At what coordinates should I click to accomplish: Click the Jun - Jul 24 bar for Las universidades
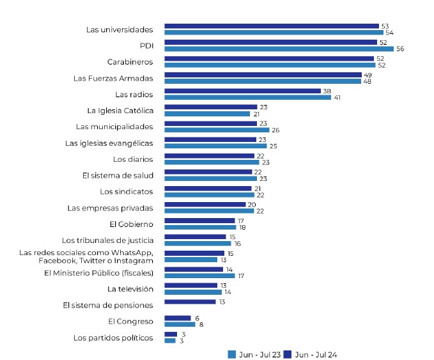tap(272, 26)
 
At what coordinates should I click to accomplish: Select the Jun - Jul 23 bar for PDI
tap(279, 49)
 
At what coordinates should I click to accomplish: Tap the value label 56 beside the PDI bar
tap(400, 49)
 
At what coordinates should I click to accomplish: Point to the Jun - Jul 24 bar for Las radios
tap(242, 91)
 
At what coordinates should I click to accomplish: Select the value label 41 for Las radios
tap(337, 97)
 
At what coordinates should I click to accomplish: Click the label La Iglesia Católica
tap(120, 111)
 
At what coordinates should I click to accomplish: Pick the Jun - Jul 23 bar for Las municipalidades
tap(217, 130)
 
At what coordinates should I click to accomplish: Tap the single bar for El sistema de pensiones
tap(190, 301)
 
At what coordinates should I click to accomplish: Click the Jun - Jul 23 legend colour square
tap(232, 354)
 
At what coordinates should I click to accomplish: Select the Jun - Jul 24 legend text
tap(320, 354)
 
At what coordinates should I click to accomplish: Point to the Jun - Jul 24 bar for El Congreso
tap(177, 318)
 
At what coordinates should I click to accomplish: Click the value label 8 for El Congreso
tap(200, 324)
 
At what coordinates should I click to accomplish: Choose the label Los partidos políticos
tap(113, 338)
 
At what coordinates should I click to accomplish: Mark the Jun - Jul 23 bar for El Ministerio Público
tap(199, 276)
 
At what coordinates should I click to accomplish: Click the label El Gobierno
tap(132, 224)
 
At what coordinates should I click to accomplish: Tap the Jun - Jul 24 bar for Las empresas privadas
tap(205, 205)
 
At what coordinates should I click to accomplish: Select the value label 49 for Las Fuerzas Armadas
tap(367, 75)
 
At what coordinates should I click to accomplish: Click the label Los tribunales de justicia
tap(107, 240)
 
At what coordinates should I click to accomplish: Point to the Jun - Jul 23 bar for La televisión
tap(193, 292)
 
